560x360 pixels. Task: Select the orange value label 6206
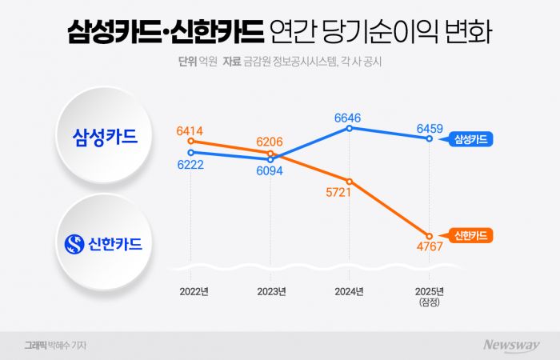pyautogui.click(x=270, y=141)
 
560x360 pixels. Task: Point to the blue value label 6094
pyautogui.click(x=270, y=171)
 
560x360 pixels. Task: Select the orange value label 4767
pyautogui.click(x=430, y=250)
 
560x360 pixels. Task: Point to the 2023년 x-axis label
pyautogui.click(x=270, y=291)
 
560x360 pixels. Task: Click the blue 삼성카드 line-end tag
pyautogui.click(x=469, y=139)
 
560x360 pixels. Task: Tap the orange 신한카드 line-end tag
pyautogui.click(x=469, y=235)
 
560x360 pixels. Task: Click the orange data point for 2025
pyautogui.click(x=430, y=236)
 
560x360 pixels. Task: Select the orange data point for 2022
pyautogui.click(x=190, y=142)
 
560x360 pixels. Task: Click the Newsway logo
pyautogui.click(x=510, y=345)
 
